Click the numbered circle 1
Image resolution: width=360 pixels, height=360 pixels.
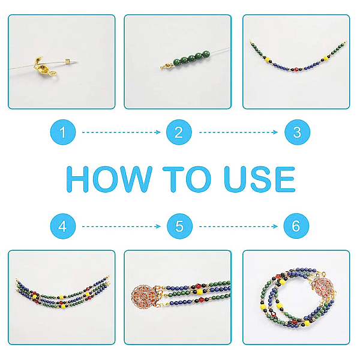coord(63,132)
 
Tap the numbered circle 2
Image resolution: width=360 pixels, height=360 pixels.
coord(179,132)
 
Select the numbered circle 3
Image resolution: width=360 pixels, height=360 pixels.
coord(298,132)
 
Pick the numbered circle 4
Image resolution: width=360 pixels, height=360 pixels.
coord(63,226)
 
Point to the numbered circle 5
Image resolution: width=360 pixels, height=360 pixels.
coord(179,226)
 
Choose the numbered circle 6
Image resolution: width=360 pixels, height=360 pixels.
coord(296,226)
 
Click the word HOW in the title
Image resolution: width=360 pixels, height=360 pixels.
coord(109,179)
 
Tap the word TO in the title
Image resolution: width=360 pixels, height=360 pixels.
coord(187,179)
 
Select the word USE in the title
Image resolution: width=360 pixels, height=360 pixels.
coord(259,179)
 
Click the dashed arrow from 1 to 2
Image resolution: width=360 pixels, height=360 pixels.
coord(121,132)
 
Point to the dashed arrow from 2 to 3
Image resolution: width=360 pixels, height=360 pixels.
coord(238,132)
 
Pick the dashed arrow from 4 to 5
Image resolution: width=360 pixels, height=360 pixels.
coord(121,227)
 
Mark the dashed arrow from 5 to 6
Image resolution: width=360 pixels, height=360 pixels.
coord(238,227)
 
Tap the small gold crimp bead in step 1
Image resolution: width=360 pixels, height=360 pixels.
coord(67,61)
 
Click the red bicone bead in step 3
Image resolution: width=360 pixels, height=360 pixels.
coord(296,69)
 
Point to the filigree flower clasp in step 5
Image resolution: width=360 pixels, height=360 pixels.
coord(143,296)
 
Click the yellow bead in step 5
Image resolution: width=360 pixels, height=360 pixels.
coord(200,292)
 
